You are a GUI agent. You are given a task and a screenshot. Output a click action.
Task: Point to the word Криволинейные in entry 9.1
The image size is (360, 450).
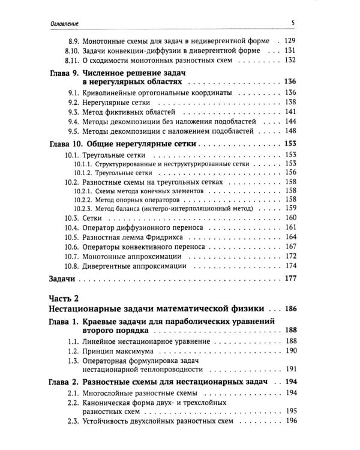[x=107, y=92]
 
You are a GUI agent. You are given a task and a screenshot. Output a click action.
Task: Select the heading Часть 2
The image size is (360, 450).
[x=62, y=299]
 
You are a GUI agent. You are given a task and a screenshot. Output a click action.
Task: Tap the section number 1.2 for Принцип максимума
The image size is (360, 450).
[x=73, y=350]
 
